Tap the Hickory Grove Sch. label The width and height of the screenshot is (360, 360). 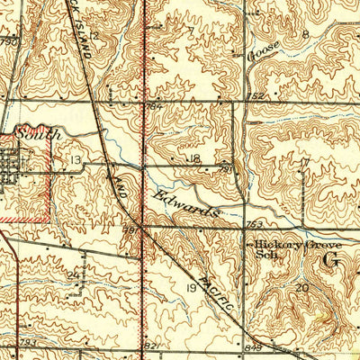[x=275, y=247]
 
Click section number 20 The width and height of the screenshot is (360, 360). [x=301, y=287]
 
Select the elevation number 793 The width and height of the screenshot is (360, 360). [x=28, y=343]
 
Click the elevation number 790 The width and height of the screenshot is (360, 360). [x=9, y=41]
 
